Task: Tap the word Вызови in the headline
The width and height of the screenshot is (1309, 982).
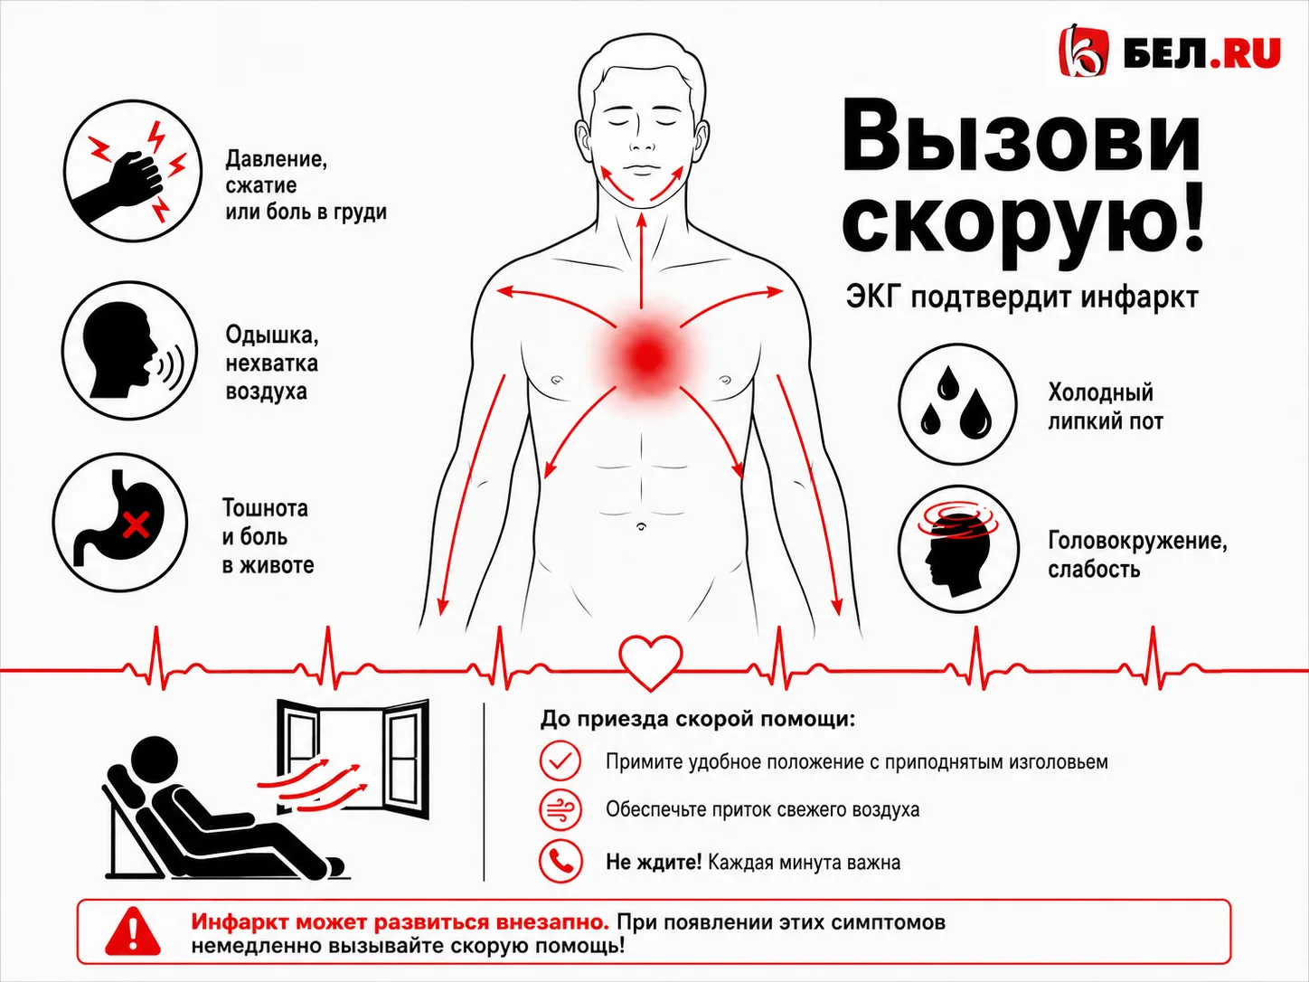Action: point(1021,145)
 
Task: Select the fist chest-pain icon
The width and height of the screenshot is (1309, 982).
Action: point(133,171)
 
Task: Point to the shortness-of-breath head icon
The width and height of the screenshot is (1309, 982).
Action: point(129,351)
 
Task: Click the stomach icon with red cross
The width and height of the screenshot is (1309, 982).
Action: point(120,523)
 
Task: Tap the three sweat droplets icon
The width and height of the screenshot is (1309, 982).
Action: point(957,403)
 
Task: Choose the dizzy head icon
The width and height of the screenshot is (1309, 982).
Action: point(958,549)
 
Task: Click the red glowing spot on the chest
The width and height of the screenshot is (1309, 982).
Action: point(648,356)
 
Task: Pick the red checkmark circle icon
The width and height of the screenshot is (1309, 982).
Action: point(560,760)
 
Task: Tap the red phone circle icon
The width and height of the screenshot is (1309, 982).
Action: point(560,861)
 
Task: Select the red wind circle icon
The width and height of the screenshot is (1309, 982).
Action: point(560,809)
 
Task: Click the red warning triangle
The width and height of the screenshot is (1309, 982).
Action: point(132,931)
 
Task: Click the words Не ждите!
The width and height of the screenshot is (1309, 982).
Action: point(654,862)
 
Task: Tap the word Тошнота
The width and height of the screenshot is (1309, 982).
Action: point(266,508)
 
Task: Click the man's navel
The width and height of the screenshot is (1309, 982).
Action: point(641,526)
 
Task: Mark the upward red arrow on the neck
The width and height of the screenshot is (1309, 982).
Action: point(642,260)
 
